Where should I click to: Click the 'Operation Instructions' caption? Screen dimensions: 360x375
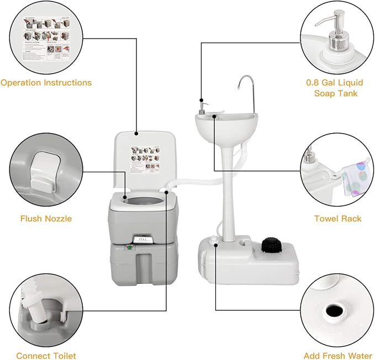pos(46,83)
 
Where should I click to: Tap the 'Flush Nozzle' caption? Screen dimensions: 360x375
pos(46,219)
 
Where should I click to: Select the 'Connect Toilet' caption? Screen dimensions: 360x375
pos(46,356)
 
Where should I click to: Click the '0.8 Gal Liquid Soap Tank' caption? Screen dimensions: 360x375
pos(335,88)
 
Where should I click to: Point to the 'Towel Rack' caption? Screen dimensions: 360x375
pos(337,219)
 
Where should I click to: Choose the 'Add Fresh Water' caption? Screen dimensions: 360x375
pos(337,356)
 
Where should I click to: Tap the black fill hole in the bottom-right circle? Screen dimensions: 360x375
pos(335,311)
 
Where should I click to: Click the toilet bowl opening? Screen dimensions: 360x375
pos(145,198)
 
